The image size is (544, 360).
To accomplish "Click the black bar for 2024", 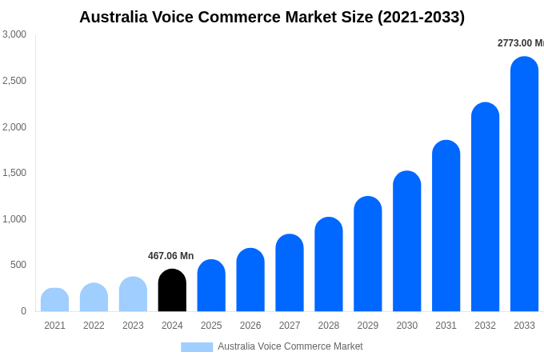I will pos(172,290).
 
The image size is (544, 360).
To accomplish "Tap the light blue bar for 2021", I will pos(54,300).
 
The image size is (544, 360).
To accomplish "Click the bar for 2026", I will pos(250,280).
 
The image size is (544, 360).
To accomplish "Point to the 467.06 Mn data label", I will pos(170,256).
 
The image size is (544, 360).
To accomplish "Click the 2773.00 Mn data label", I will pos(520,43).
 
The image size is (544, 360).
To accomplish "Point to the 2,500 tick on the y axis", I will pos(14,81).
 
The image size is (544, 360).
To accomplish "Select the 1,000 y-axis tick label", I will pos(14,219).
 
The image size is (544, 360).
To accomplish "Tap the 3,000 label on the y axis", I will pos(14,34).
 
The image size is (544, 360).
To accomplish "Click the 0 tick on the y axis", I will pos(23,311).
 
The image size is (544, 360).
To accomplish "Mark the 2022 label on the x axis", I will pos(94,326).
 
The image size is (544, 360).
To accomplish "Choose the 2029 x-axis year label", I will pos(368,326).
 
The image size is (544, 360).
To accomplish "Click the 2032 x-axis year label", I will pos(485,326).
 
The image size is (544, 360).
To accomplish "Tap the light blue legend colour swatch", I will pos(197,346).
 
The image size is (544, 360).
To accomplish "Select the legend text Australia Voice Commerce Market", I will pos(290,346).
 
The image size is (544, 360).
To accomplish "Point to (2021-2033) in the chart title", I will pos(421,17).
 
